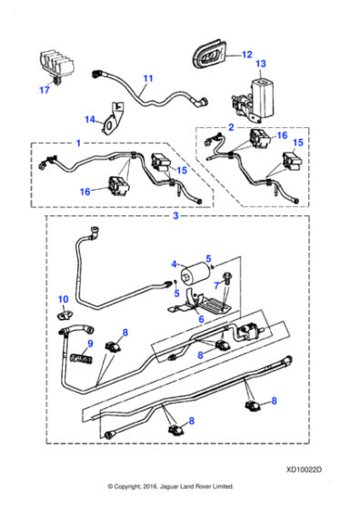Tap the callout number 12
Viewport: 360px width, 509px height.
(x=246, y=54)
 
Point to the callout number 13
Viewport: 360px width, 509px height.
(x=260, y=65)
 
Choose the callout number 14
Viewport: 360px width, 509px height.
(x=90, y=119)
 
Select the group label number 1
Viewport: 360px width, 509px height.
(x=78, y=143)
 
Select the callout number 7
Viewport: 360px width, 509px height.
(x=215, y=285)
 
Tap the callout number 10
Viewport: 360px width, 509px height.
(x=63, y=299)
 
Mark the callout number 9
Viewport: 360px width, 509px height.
(x=90, y=344)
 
